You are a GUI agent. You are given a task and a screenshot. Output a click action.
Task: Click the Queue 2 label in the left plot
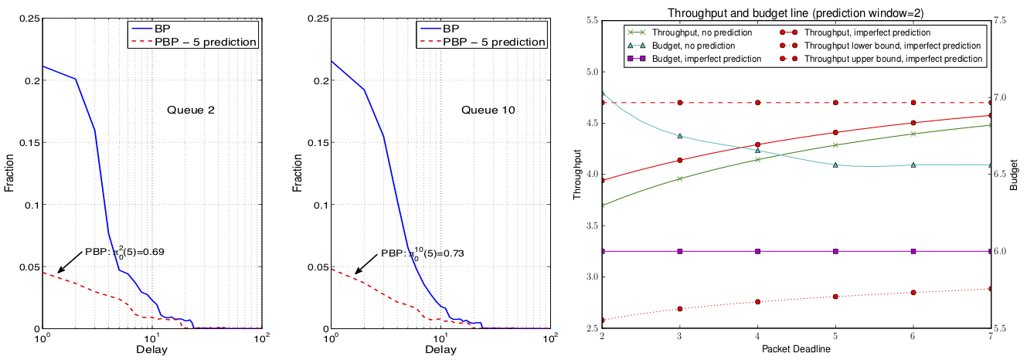(x=190, y=110)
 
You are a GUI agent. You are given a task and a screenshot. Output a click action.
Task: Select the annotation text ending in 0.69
(x=124, y=252)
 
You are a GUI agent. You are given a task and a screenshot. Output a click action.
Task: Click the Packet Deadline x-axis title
(x=795, y=351)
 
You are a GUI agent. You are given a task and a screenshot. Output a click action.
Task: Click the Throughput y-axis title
(x=577, y=174)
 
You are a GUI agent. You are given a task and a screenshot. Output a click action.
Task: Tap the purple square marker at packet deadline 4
(x=757, y=251)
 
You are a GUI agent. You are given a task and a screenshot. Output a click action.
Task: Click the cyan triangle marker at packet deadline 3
(x=679, y=136)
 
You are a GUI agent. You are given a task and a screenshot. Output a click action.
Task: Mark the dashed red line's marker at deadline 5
(x=835, y=102)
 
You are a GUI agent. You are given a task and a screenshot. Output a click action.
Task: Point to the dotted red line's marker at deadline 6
(x=913, y=293)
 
